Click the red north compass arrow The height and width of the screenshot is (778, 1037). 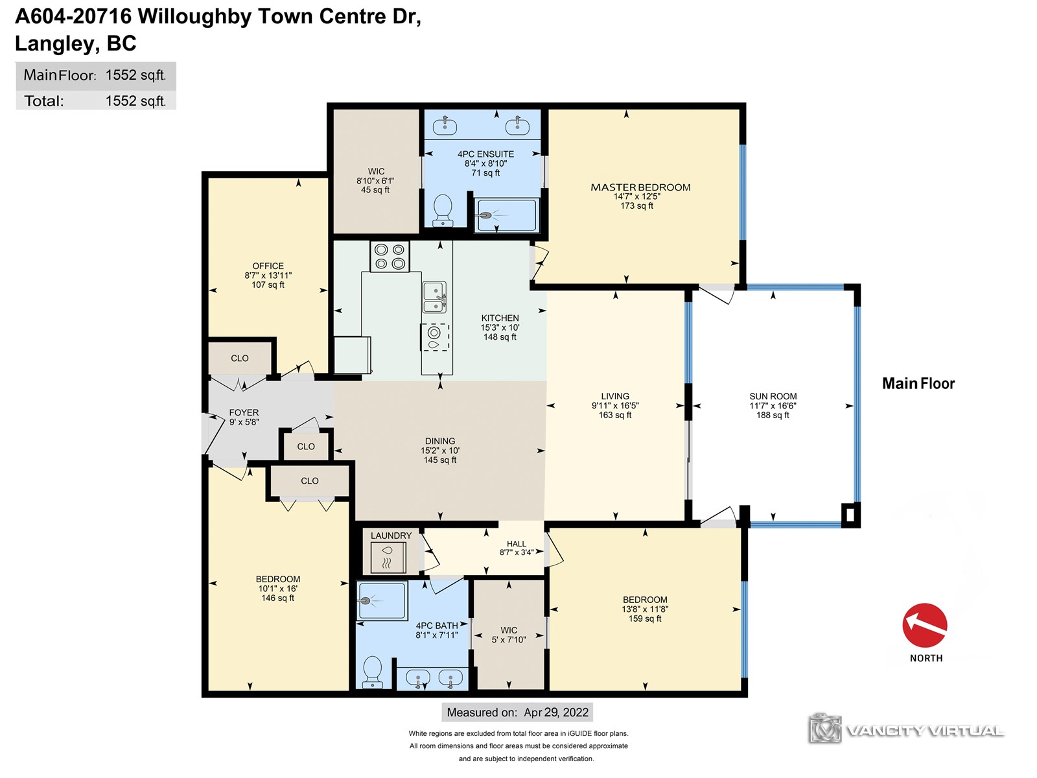925,625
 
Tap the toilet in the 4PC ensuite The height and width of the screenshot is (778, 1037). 443,211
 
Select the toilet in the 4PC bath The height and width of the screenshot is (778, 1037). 372,672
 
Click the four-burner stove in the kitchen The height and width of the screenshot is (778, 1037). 390,256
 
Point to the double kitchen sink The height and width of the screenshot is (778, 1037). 434,297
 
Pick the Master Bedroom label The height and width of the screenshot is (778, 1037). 640,187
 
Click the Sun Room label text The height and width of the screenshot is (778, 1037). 773,396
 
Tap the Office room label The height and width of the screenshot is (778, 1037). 268,266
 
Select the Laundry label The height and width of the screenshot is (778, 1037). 391,536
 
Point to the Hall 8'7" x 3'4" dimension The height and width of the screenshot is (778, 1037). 517,552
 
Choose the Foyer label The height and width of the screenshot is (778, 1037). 244,412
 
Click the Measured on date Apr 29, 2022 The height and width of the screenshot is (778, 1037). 556,713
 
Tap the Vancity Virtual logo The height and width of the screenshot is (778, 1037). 906,730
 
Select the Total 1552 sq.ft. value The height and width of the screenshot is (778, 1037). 135,100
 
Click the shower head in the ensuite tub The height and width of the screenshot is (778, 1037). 486,216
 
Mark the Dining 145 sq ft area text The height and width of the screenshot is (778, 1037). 440,460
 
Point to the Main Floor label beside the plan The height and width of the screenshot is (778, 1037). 918,383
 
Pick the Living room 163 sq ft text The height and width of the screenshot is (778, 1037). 615,415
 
